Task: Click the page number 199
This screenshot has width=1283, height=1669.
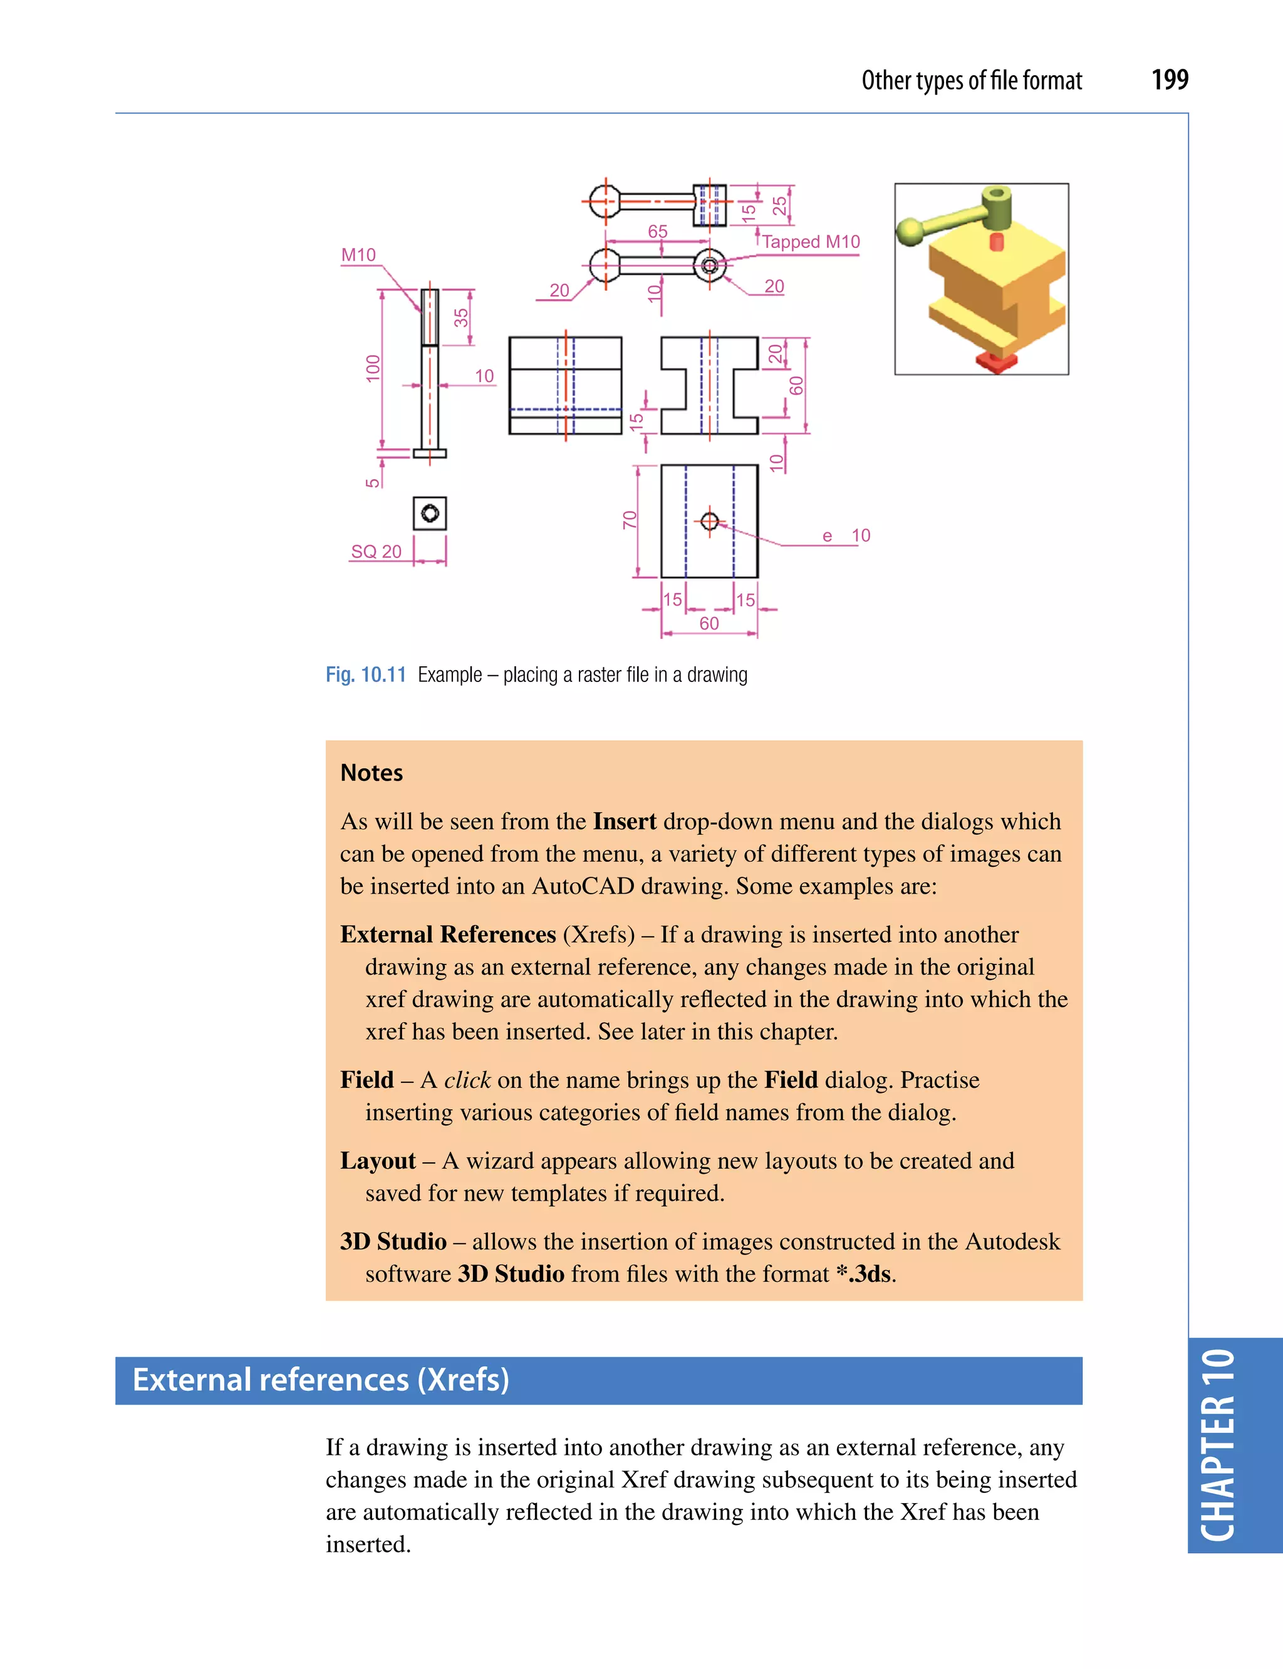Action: pos(1169,80)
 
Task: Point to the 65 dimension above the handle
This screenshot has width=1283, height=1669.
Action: pos(658,230)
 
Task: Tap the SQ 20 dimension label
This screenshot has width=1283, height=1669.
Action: pos(376,551)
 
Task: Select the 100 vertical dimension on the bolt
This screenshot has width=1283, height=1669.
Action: pos(373,369)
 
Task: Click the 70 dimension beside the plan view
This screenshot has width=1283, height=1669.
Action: pos(629,520)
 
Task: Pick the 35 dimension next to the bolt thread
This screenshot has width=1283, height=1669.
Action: pos(461,318)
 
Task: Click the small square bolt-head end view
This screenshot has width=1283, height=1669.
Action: pos(430,513)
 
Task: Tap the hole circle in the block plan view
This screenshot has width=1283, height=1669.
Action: pos(709,520)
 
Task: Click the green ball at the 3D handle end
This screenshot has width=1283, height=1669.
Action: pos(910,230)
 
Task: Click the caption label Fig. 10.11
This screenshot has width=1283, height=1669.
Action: pos(365,675)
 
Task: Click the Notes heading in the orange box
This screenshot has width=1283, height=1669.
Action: pos(371,773)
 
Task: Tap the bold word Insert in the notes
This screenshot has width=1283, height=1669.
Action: pos(624,822)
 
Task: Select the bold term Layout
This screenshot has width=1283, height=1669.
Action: pos(377,1160)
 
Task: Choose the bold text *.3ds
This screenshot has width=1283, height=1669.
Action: pos(863,1273)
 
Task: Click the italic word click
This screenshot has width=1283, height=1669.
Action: pos(467,1080)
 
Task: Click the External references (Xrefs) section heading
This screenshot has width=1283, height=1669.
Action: pos(321,1380)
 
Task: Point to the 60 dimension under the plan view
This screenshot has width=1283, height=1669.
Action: pos(709,623)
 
